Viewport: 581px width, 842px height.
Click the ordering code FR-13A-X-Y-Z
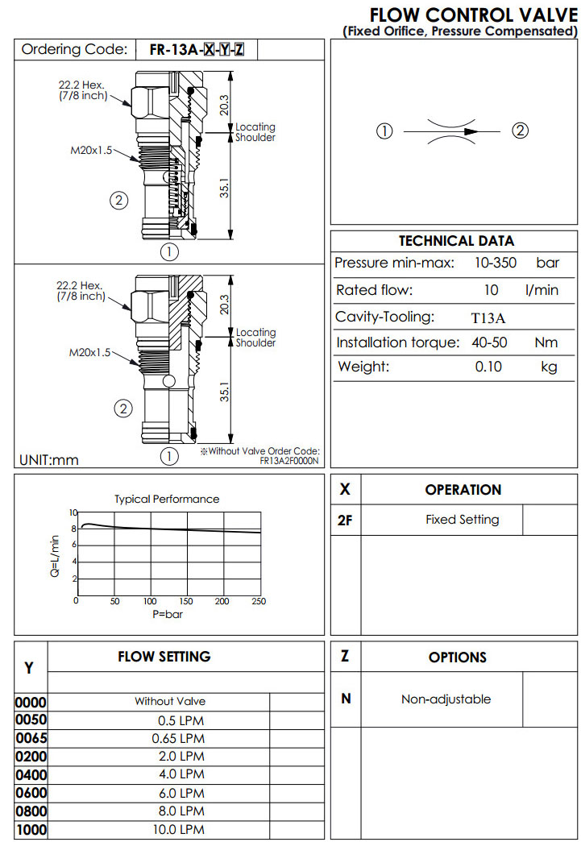tap(197, 50)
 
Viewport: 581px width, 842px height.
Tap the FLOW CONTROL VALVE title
tap(473, 15)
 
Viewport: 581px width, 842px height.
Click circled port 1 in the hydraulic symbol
tap(385, 131)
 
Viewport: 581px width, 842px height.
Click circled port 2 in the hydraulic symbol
tap(521, 131)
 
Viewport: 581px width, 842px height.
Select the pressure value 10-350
tap(495, 263)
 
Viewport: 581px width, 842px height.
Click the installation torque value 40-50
tap(489, 342)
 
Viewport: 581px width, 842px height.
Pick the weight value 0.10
tap(489, 367)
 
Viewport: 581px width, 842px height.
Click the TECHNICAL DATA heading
tap(456, 240)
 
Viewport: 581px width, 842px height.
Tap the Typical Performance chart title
tap(167, 499)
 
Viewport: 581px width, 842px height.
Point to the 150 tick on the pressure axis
tap(186, 601)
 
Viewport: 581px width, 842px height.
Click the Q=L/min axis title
tap(55, 556)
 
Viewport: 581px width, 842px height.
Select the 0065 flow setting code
tap(31, 738)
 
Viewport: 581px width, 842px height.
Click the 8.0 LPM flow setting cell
tap(178, 811)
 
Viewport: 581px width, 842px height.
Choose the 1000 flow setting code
tap(31, 829)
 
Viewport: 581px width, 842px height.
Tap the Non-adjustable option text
tap(446, 699)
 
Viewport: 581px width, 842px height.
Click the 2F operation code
tap(345, 521)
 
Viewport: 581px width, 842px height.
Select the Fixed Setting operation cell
tap(462, 520)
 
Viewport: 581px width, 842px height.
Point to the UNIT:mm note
tap(48, 460)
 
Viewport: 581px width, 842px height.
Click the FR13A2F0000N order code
tap(289, 461)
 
